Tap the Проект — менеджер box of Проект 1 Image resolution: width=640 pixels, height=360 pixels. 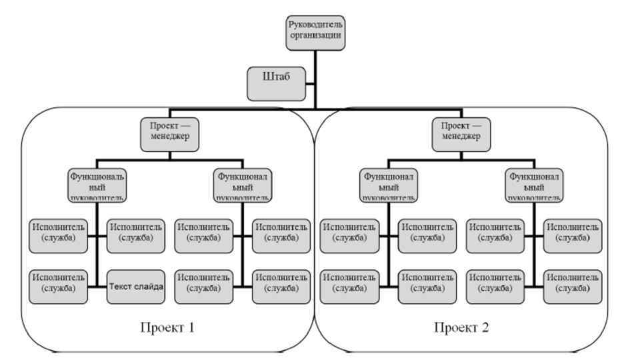[169, 133]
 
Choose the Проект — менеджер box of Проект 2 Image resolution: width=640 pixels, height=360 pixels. [461, 133]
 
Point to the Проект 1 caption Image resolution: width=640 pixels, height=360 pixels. [167, 327]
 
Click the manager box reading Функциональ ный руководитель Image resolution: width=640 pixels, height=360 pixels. [97, 185]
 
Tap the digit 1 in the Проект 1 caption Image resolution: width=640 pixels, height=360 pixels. [192, 327]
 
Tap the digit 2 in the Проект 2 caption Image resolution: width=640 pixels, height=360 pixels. [487, 327]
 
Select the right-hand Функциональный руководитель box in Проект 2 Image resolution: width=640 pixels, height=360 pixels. [534, 185]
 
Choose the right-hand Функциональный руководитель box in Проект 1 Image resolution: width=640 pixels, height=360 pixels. [243, 185]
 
